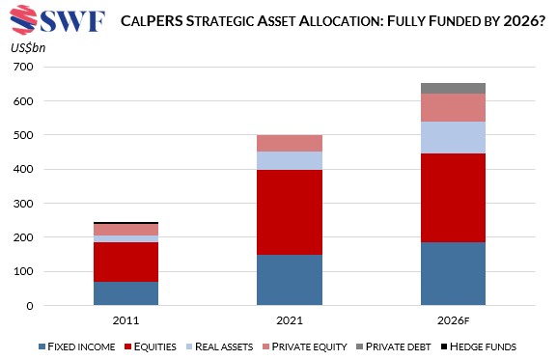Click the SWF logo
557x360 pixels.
click(x=56, y=19)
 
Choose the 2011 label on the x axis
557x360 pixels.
click(x=125, y=320)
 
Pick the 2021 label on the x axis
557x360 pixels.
click(x=289, y=320)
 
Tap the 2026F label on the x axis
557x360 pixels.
click(x=453, y=320)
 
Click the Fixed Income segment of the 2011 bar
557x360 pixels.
click(x=125, y=293)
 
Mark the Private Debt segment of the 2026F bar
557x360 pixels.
click(x=453, y=88)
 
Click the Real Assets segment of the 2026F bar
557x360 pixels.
click(x=453, y=137)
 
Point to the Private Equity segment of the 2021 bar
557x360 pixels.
click(x=289, y=143)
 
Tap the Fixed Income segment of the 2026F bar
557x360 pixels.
click(x=453, y=274)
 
